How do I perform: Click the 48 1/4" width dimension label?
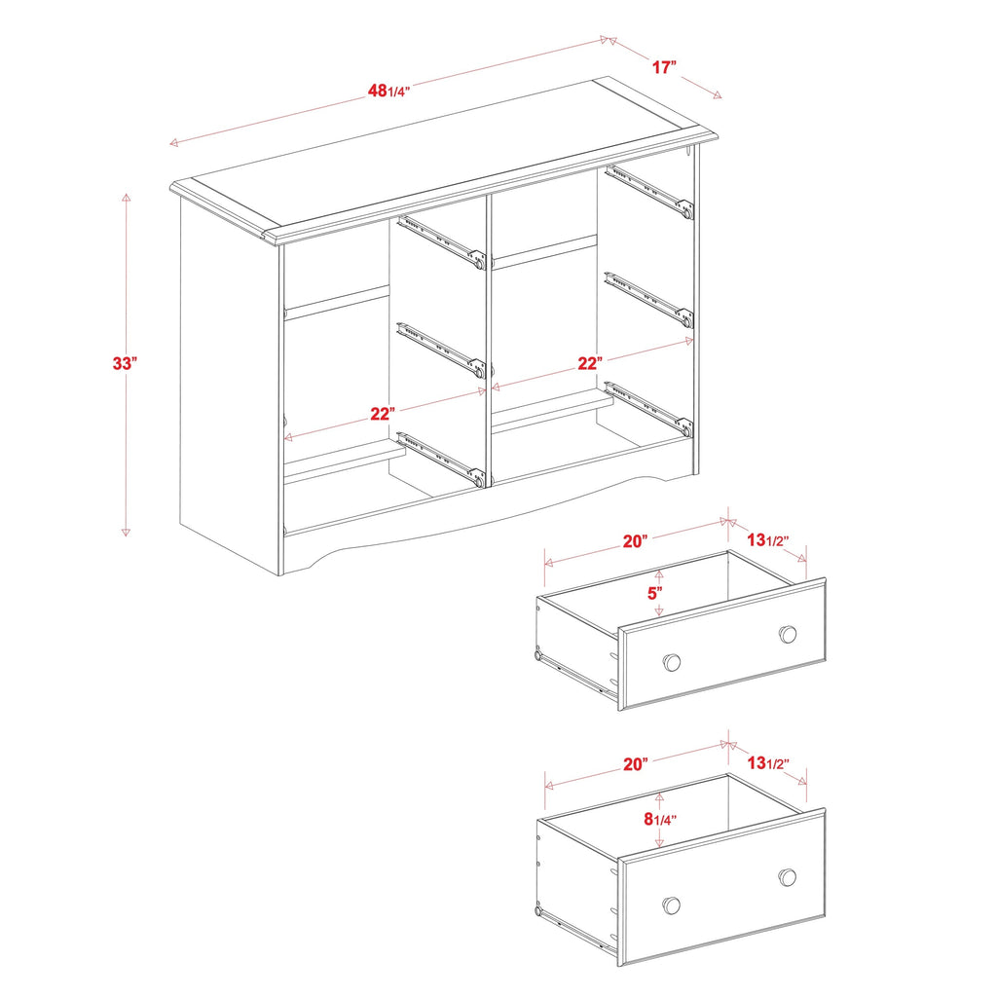(388, 91)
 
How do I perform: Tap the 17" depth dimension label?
(664, 67)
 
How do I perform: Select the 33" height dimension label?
(124, 363)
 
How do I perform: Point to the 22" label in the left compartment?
(383, 414)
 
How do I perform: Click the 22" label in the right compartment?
(589, 363)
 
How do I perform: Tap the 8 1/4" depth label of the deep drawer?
(659, 819)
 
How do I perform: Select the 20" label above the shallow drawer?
(636, 541)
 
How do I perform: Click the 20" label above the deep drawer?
(636, 764)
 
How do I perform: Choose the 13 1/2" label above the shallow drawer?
(766, 541)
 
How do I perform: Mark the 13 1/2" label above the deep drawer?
(766, 764)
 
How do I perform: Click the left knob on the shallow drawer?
(671, 662)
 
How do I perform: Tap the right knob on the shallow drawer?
(788, 635)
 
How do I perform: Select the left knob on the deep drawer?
(671, 905)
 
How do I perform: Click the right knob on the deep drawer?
(788, 877)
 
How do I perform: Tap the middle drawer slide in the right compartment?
(648, 297)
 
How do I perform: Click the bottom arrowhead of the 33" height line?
(126, 533)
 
